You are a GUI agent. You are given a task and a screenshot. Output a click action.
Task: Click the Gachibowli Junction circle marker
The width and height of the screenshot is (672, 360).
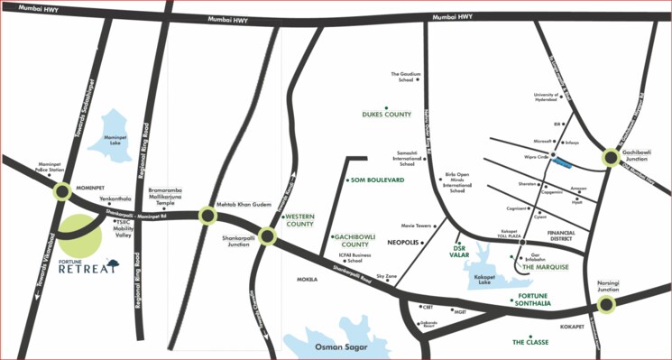point(611,159)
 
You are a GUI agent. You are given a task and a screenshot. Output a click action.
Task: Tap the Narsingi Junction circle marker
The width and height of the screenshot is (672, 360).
point(607,305)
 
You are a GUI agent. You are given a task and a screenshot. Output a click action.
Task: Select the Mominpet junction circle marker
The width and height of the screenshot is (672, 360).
point(62,191)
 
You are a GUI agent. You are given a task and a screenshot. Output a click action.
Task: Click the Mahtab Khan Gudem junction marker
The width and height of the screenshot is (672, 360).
point(207,215)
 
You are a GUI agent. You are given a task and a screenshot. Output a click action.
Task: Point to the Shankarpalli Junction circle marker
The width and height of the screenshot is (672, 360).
point(267,237)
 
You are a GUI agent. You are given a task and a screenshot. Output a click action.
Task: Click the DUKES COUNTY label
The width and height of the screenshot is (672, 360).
point(386,115)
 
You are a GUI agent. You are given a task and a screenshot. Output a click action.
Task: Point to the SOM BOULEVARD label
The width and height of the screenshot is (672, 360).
point(377,180)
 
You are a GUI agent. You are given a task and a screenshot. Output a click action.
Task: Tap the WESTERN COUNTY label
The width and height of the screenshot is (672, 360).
point(299,218)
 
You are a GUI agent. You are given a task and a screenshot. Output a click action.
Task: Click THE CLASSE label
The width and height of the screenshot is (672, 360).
point(530,342)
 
